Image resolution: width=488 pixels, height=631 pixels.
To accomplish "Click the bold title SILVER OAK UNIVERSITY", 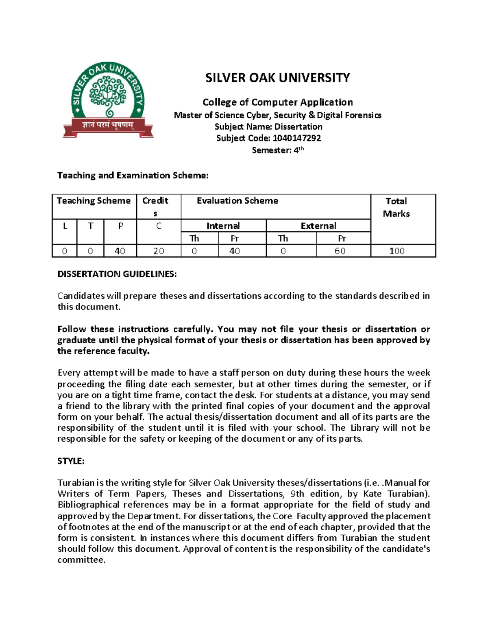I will (x=277, y=78).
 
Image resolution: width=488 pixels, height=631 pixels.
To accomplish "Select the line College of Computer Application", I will (x=277, y=102).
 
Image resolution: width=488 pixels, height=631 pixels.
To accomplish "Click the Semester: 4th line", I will (x=277, y=150).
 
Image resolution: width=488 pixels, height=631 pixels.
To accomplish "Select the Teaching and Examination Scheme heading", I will (x=133, y=176).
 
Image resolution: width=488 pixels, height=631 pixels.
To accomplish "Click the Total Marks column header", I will (x=396, y=207).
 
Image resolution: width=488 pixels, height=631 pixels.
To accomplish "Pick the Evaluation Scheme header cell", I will (x=237, y=201).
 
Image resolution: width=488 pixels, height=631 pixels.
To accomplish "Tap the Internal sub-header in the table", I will (x=223, y=226).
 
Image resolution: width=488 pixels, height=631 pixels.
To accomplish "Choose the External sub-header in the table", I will (x=318, y=226).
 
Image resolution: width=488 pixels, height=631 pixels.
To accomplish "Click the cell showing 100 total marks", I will (x=396, y=251).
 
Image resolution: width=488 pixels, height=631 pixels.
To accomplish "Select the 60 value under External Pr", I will (x=340, y=251).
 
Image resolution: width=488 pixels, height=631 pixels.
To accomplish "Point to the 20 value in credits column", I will (x=159, y=251).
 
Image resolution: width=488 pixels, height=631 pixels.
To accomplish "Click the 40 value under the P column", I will (x=120, y=251).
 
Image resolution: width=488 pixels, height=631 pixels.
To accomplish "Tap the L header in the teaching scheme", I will (x=65, y=226).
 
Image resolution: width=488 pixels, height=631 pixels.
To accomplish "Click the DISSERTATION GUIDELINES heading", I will (x=117, y=274).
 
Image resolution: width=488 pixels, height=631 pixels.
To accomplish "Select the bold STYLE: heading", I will (x=71, y=461).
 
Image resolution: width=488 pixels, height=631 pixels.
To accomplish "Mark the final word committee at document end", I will (x=81, y=560).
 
